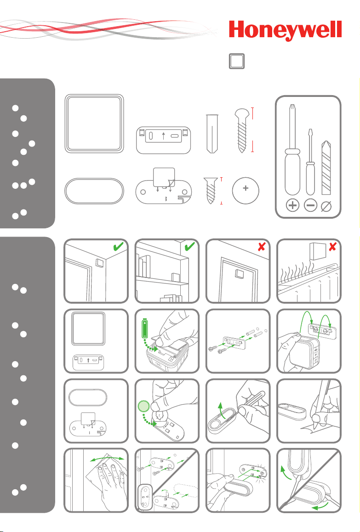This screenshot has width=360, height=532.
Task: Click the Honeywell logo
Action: coord(285,30)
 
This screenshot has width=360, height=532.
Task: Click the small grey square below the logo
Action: coord(237,61)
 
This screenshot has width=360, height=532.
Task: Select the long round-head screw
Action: coord(242,130)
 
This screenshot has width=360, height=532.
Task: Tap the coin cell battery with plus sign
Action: coord(246,191)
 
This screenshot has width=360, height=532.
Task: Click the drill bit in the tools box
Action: coord(326,168)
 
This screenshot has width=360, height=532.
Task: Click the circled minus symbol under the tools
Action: coord(310,205)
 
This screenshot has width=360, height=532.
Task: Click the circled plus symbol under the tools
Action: coord(292,205)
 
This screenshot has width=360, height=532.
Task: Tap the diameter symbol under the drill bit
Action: coord(326,206)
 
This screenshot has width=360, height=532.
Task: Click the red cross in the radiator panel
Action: coord(332,247)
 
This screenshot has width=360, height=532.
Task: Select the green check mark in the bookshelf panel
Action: coord(190,246)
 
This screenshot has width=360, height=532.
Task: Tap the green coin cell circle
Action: coord(143,406)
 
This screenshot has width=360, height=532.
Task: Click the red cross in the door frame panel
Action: coord(262,247)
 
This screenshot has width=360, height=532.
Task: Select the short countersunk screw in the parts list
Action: coord(211,190)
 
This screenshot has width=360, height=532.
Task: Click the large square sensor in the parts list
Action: coord(94,124)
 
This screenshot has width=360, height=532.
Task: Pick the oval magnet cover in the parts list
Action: coord(94,191)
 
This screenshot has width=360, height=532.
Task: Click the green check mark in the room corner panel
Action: coord(119,246)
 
